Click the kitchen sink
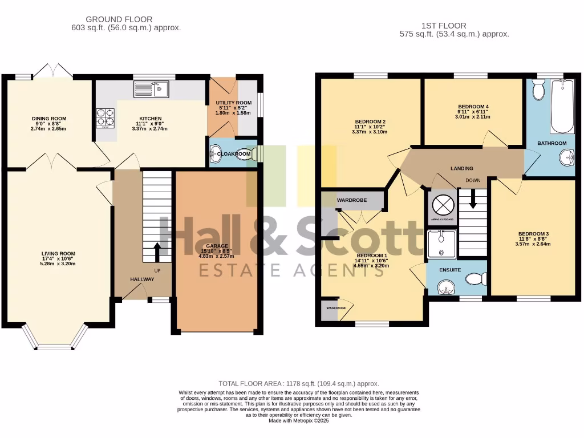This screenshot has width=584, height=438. point(151,89)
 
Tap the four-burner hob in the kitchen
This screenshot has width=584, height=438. point(105,117)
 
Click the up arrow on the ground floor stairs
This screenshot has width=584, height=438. point(158,250)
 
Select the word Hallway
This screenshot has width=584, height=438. point(142,279)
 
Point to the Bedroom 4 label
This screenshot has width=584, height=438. point(473,107)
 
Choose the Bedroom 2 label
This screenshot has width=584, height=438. point(371,121)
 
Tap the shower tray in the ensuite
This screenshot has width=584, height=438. point(441,244)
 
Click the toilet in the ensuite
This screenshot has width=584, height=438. point(474,279)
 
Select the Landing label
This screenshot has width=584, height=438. point(461,168)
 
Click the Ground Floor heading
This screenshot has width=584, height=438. point(119,19)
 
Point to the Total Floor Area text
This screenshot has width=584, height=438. point(298,384)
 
